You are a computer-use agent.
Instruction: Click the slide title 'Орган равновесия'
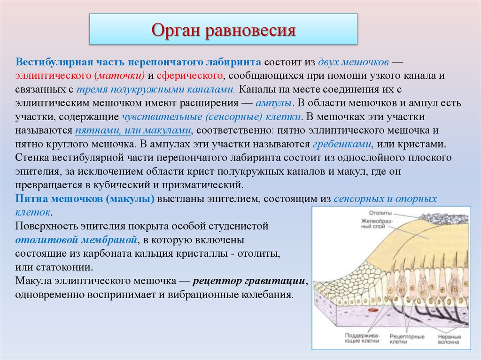[223, 31]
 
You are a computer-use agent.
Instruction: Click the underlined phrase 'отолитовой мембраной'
[76, 240]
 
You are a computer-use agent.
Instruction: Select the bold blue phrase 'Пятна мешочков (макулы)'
[85, 199]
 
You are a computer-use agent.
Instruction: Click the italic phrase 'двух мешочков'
[353, 62]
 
